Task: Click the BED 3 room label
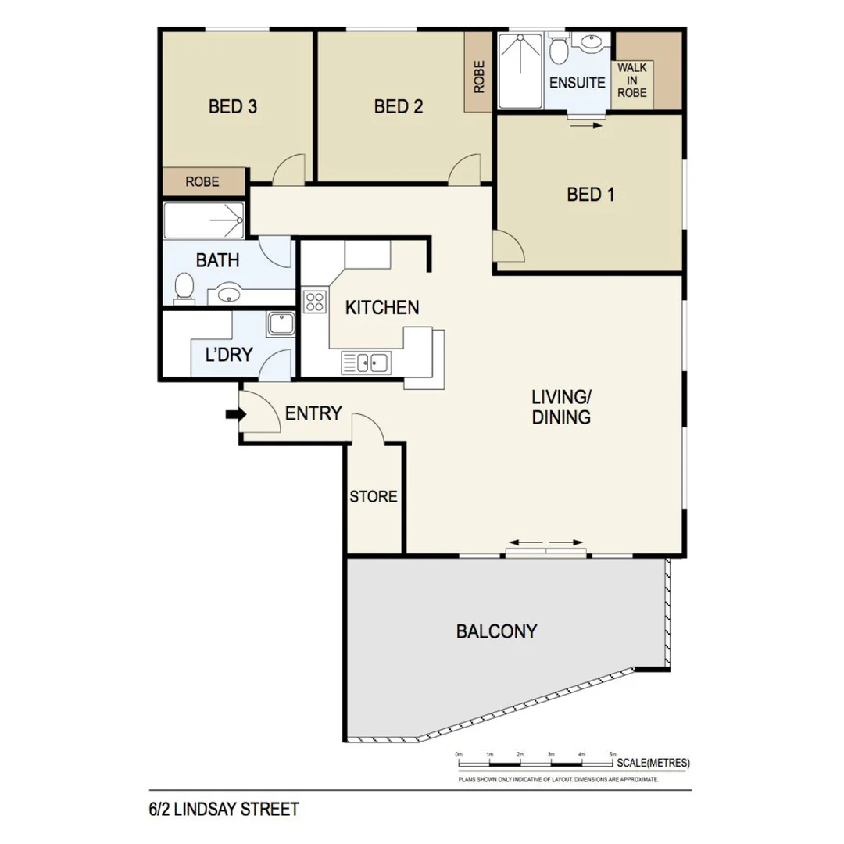click(x=233, y=107)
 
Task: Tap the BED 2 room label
click(x=399, y=107)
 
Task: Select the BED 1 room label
click(x=590, y=195)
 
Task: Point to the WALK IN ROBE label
click(x=632, y=80)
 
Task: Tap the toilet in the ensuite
click(x=558, y=51)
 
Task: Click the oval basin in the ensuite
click(x=592, y=43)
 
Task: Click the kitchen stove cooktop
click(x=314, y=302)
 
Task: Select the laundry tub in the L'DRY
click(x=279, y=324)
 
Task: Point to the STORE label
click(x=374, y=497)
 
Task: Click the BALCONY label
click(x=496, y=631)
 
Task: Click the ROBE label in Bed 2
click(x=479, y=77)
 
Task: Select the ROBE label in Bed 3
click(x=202, y=182)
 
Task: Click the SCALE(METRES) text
click(x=653, y=763)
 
